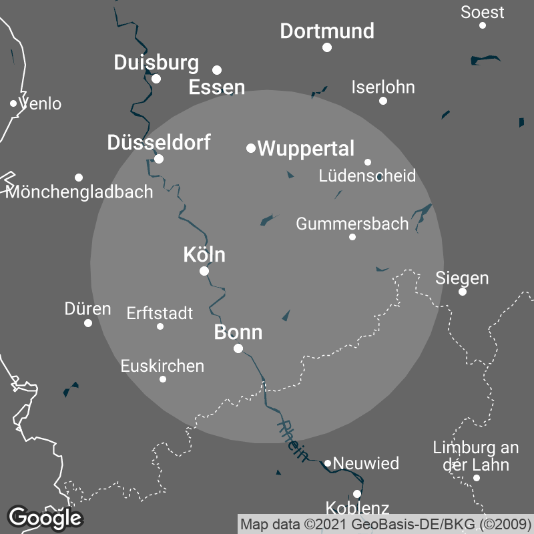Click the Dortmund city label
pyautogui.click(x=327, y=31)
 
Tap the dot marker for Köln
pyautogui.click(x=204, y=271)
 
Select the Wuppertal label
pyautogui.click(x=306, y=149)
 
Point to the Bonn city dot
pyautogui.click(x=238, y=348)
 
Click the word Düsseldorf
pyautogui.click(x=159, y=142)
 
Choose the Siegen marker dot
pyautogui.click(x=462, y=292)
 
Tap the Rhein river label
pyautogui.click(x=293, y=441)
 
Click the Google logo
pyautogui.click(x=45, y=517)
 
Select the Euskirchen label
pyautogui.click(x=162, y=366)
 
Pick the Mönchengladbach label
pyautogui.click(x=79, y=192)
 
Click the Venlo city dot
pyautogui.click(x=13, y=103)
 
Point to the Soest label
pyautogui.click(x=483, y=12)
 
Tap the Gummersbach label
pyautogui.click(x=352, y=224)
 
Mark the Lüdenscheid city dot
pyautogui.click(x=368, y=162)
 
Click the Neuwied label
pyautogui.click(x=366, y=463)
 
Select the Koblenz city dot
pyautogui.click(x=357, y=494)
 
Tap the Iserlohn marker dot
pyautogui.click(x=383, y=101)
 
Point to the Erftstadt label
pyautogui.click(x=160, y=312)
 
